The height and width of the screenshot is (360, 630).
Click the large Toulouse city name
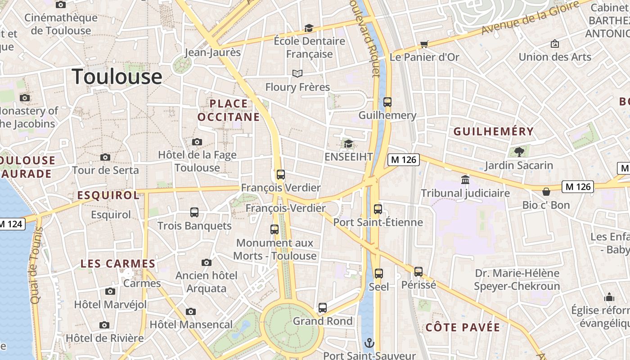pos(117,76)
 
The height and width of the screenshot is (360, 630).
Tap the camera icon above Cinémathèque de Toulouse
pos(60,5)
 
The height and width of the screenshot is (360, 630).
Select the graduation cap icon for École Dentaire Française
pos(309,28)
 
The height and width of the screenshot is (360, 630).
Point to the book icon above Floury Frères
pos(297,73)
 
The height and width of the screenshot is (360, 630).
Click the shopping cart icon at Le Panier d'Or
pos(424,44)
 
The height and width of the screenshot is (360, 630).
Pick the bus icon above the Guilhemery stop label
pos(387,102)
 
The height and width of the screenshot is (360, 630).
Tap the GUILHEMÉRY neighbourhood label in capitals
pos(494,131)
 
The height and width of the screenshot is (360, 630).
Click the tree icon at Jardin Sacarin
pos(519,151)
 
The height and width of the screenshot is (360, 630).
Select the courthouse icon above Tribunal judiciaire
pos(465,180)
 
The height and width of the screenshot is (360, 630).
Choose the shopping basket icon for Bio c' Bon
pos(546,192)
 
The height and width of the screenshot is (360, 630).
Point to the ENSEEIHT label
pos(349,157)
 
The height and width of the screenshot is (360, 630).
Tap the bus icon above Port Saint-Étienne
pos(378,209)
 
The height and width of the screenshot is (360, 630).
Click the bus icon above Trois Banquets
pos(194,212)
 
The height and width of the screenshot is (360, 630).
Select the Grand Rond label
pos(323,321)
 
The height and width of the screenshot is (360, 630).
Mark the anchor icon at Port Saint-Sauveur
pos(369,343)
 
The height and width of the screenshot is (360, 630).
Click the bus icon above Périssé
pos(418,272)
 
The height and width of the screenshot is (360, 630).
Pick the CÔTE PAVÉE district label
pos(463,327)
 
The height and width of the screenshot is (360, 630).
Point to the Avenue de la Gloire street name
pos(530,18)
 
